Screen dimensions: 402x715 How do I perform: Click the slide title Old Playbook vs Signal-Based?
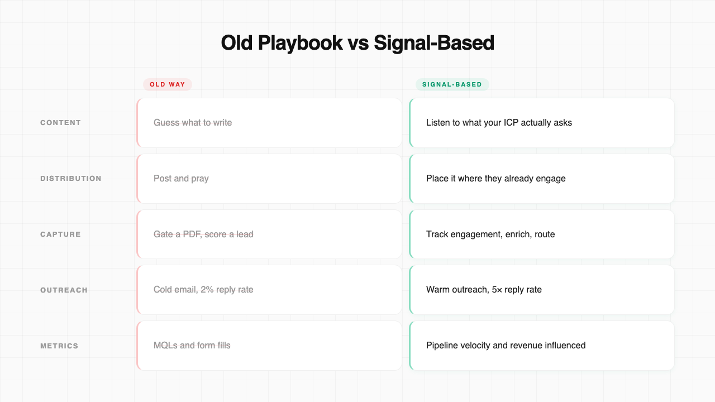tap(357, 43)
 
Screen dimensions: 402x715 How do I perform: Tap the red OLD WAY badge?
tap(168, 84)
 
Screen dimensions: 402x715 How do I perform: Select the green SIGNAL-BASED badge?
tap(452, 84)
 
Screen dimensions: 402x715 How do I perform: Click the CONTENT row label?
tap(60, 123)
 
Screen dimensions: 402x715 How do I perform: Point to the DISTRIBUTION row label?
tap(71, 179)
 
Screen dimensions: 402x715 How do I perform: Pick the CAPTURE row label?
tap(60, 234)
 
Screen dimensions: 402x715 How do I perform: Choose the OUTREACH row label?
tap(64, 290)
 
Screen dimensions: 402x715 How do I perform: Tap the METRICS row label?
tap(59, 346)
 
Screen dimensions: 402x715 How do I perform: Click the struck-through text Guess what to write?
tap(193, 123)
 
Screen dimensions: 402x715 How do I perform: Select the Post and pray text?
tap(181, 179)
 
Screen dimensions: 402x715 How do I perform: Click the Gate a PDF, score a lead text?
tap(203, 234)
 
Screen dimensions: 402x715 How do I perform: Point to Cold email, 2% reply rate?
tap(203, 290)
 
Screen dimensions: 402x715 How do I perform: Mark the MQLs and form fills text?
tap(192, 346)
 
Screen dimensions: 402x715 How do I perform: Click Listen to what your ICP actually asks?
tap(499, 123)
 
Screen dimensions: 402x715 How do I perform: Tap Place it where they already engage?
tap(495, 179)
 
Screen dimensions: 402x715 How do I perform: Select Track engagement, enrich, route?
tap(490, 234)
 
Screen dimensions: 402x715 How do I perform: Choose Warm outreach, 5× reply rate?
tap(484, 290)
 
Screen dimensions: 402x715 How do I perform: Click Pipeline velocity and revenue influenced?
tap(506, 346)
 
